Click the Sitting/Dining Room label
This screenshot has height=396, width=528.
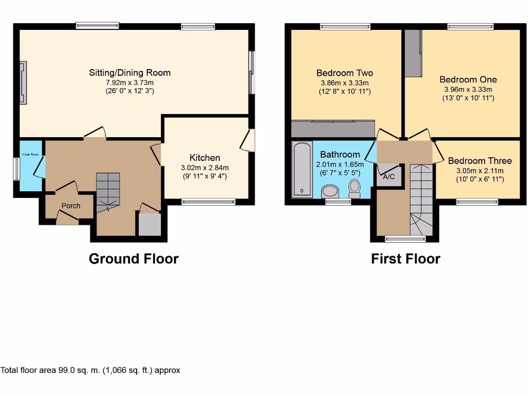click(129, 73)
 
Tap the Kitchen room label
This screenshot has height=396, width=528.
click(205, 158)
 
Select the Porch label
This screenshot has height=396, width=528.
click(71, 206)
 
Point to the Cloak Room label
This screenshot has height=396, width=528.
click(29, 154)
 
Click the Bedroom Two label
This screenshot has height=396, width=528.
click(344, 73)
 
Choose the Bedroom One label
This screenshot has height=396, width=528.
click(468, 79)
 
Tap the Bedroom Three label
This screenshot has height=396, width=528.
click(480, 161)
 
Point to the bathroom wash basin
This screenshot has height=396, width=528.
click(330, 192)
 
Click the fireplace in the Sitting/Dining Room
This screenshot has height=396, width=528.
click(23, 82)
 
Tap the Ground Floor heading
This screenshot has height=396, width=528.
click(134, 259)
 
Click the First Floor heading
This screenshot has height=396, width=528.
click(405, 259)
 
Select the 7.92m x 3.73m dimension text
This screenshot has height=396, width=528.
click(129, 82)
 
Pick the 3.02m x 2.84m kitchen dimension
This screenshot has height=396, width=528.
click(205, 168)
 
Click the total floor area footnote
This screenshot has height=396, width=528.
click(90, 370)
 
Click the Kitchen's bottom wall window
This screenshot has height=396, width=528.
click(202, 202)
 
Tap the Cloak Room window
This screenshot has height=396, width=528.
click(16, 169)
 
